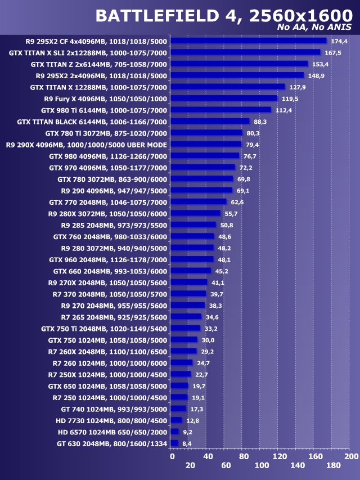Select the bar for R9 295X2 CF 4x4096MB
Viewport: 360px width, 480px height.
tap(248, 41)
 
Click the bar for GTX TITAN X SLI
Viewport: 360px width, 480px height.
tap(245, 52)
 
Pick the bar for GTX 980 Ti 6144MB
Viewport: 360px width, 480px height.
tap(220, 110)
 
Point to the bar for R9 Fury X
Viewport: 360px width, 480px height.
tap(224, 98)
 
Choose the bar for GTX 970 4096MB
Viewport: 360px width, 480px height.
tap(202, 167)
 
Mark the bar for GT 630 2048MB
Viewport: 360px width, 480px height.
tap(174, 443)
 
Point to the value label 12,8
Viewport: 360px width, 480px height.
tap(192, 420)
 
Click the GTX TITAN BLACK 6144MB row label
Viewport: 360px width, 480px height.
tap(92, 121)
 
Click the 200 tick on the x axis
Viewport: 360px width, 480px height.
tap(351, 456)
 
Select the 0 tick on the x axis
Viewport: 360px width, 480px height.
tap(172, 456)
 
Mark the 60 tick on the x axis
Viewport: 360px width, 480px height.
tap(226, 465)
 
